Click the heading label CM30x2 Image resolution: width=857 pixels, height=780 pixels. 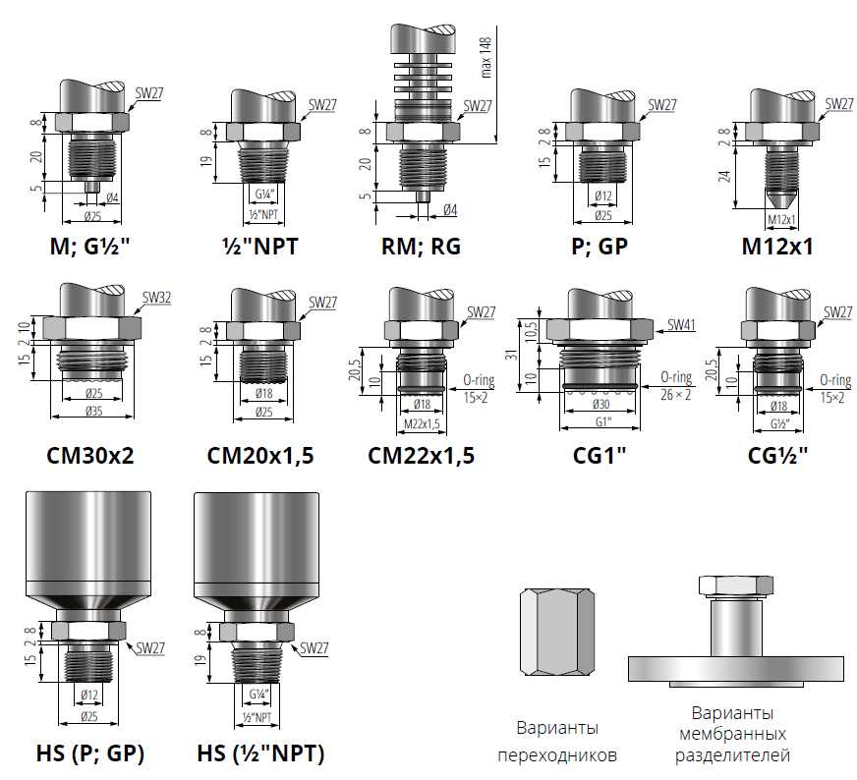coord(90,456)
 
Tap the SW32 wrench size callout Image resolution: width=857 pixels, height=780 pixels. coord(157,298)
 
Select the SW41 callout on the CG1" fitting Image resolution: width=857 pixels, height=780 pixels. coord(681,325)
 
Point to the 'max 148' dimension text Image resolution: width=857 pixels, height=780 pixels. coord(486,57)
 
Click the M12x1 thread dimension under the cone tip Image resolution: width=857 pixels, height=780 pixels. coord(781,220)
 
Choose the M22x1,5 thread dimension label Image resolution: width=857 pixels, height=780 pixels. coord(422,423)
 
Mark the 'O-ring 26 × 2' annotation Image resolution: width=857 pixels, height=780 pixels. coord(676,386)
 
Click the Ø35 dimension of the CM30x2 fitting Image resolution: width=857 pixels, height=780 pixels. coord(93,411)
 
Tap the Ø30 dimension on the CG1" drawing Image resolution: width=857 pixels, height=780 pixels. coord(601,404)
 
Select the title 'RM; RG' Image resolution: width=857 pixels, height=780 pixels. coord(421,247)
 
